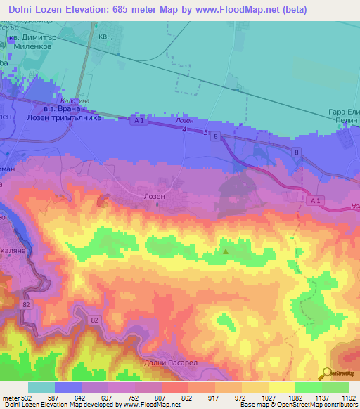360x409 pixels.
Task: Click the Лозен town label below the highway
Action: click(155, 197)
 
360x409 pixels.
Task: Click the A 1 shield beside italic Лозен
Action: click(139, 120)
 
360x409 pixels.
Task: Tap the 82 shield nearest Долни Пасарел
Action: click(95, 320)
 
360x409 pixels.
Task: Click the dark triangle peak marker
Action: click(226, 250)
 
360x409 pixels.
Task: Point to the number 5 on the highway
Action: click(205, 131)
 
